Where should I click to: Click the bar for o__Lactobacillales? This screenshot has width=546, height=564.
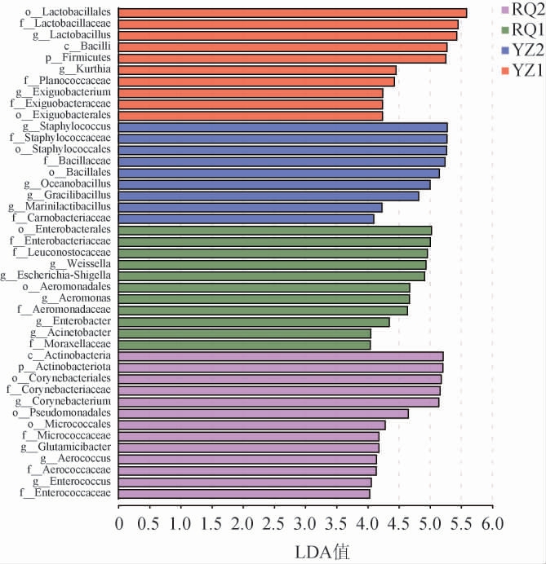click(x=292, y=13)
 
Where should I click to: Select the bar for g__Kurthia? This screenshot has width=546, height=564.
click(x=257, y=70)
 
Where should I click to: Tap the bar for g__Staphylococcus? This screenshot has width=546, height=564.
click(x=282, y=127)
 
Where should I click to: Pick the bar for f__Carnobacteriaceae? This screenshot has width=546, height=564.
click(x=246, y=218)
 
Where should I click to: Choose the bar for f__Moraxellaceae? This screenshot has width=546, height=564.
click(x=244, y=345)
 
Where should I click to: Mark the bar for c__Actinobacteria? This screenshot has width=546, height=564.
click(x=281, y=356)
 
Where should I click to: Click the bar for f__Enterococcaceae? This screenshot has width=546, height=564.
click(x=244, y=493)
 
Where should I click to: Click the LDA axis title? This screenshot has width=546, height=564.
click(x=322, y=551)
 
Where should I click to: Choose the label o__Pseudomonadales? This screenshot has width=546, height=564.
click(x=61, y=413)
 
